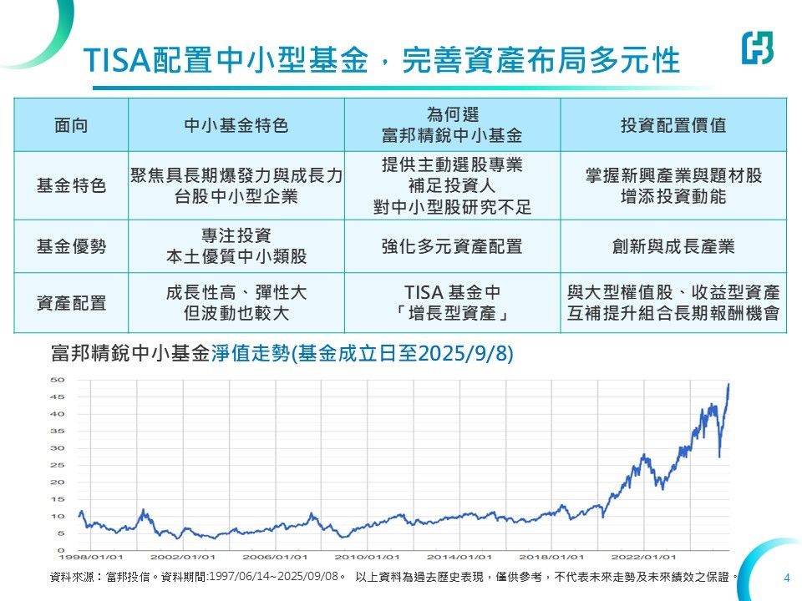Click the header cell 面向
(71, 124)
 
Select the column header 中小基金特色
(236, 124)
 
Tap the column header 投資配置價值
(673, 124)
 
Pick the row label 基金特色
(71, 185)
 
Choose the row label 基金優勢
(71, 246)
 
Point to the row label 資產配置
(71, 303)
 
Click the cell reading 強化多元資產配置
(452, 246)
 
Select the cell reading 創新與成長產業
(673, 246)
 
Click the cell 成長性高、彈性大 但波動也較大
(236, 303)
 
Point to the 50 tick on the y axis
(58, 380)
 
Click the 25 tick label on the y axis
(58, 465)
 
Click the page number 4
(787, 578)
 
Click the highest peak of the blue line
(728, 384)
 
